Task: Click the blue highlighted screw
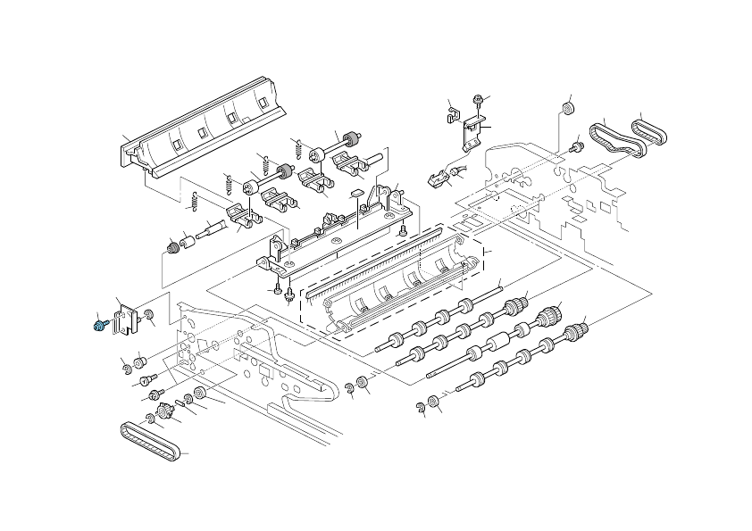click(99, 326)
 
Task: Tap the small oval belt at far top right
click(650, 133)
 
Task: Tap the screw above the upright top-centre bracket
click(479, 101)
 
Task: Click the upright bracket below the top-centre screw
click(471, 132)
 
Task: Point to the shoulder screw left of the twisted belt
click(576, 143)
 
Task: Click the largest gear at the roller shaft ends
click(547, 315)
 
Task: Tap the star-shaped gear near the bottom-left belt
click(163, 412)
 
